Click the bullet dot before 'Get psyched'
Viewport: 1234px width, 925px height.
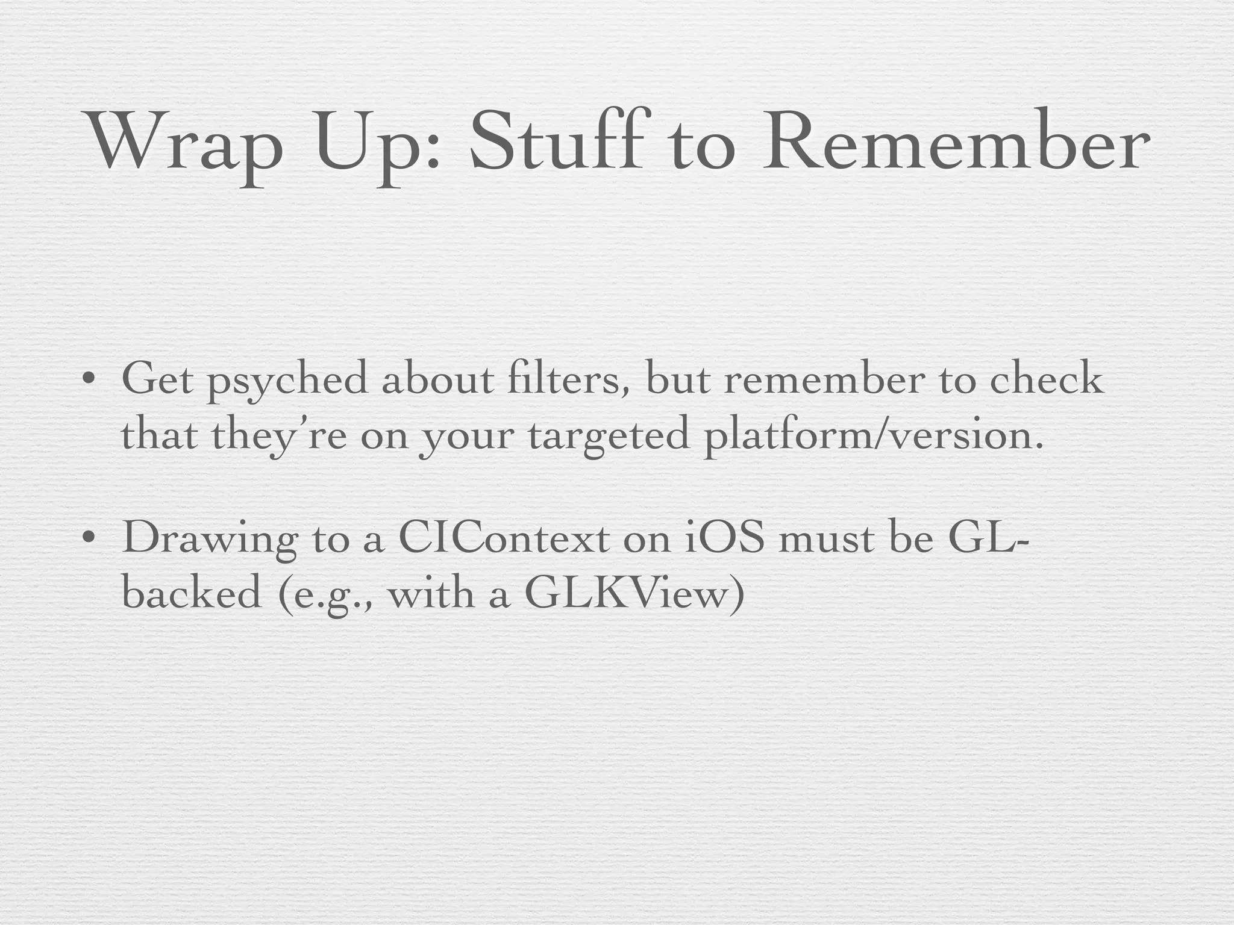tap(89, 381)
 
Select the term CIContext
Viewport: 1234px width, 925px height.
tap(504, 537)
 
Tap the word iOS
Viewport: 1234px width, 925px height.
tap(725, 537)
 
